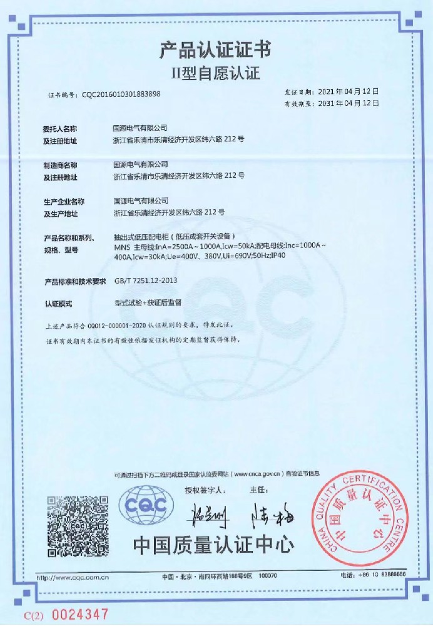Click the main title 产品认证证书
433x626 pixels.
coord(215,49)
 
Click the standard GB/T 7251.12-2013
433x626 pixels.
coord(145,282)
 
